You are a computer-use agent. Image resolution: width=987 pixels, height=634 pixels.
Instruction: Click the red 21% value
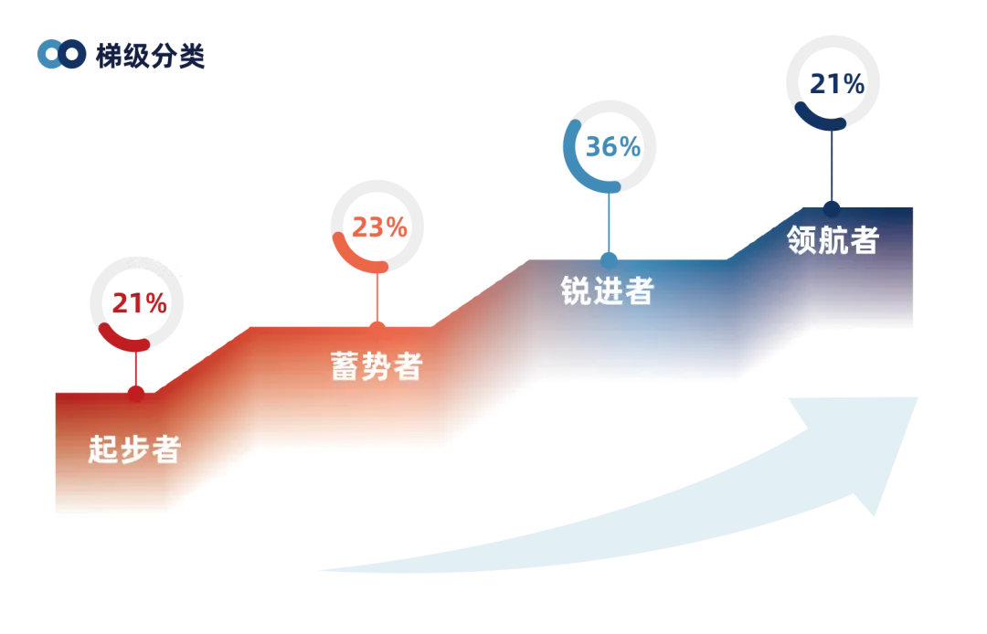139,302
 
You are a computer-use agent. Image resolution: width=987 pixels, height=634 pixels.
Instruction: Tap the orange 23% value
378,227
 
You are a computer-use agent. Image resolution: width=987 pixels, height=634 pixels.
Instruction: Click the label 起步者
134,449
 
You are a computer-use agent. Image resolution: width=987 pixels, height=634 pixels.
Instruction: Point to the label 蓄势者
376,365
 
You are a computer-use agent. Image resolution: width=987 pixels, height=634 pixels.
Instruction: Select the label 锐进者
608,291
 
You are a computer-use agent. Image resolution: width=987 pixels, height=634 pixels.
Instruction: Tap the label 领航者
833,239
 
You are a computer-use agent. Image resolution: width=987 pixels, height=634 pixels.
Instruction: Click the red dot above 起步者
136,394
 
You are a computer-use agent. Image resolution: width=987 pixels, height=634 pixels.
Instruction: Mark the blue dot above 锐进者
609,259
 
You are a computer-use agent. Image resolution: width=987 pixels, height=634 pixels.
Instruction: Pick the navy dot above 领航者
832,207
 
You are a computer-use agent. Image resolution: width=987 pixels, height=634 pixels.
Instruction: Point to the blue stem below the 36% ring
609,222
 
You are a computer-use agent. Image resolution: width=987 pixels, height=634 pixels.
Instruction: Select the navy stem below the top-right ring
832,164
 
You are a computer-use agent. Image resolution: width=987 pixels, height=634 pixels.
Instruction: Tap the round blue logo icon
61,55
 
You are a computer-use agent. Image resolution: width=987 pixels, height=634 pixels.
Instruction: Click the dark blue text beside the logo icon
152,56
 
